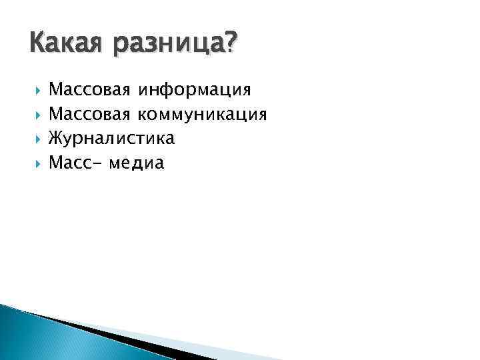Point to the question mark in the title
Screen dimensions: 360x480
230,44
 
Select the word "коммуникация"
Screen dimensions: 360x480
202,114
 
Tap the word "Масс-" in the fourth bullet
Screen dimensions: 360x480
75,163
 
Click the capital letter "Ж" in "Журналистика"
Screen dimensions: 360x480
55,139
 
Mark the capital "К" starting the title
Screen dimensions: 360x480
37,44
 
